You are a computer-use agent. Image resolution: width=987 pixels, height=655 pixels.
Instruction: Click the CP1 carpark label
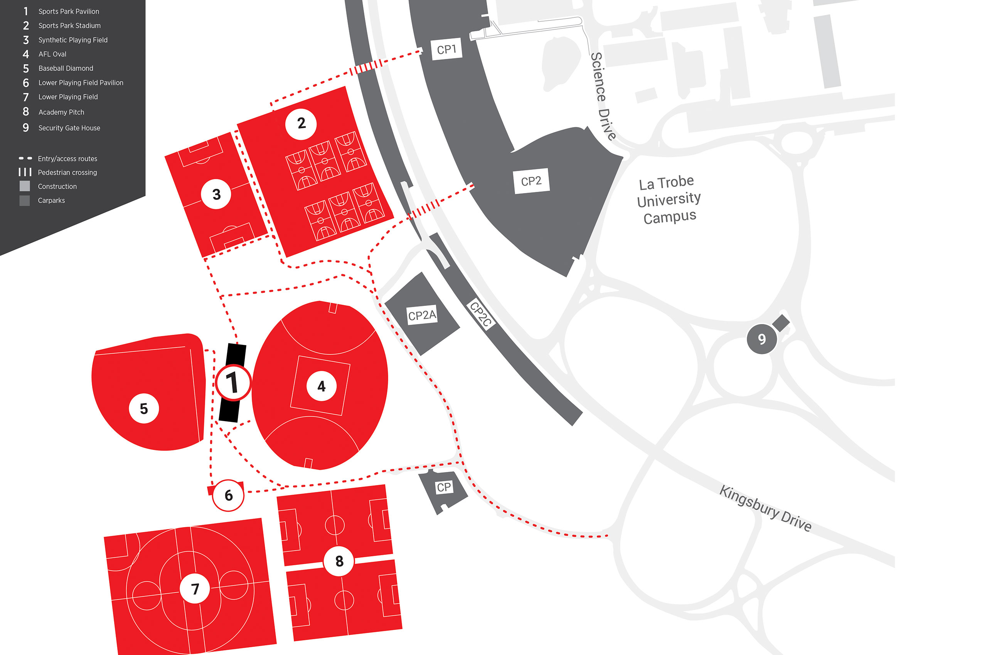coord(446,50)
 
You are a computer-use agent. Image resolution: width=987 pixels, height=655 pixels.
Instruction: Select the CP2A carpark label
coord(422,315)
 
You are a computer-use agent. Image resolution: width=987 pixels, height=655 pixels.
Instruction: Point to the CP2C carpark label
coord(480,314)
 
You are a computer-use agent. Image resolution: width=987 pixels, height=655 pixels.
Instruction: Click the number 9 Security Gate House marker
coord(762,339)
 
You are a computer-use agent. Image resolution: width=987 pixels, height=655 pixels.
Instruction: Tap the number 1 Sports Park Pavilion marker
coord(233,383)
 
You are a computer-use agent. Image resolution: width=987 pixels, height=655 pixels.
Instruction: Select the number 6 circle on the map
coord(228,495)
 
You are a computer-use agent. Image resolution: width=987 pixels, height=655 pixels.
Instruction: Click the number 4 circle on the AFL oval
coord(322,386)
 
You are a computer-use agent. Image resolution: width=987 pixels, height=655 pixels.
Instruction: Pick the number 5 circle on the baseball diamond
coord(144,408)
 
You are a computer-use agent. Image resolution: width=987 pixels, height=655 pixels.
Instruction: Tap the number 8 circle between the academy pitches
coord(339,561)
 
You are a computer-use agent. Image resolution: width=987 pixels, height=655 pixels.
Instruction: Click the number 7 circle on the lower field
coord(195,589)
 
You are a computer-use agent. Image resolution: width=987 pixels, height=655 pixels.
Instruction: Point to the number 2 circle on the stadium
coord(301,124)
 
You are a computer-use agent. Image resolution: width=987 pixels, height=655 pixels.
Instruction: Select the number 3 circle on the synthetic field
coord(216,194)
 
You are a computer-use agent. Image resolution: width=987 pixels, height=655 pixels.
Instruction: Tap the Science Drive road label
coord(603,96)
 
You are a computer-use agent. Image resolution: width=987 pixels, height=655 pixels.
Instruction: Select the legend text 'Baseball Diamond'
coord(66,68)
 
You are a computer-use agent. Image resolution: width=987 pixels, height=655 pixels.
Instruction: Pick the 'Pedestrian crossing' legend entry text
coord(67,173)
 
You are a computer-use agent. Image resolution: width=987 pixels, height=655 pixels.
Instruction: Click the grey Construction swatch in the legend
coord(25,186)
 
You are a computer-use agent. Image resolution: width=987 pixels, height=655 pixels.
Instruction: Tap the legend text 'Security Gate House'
coord(69,128)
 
